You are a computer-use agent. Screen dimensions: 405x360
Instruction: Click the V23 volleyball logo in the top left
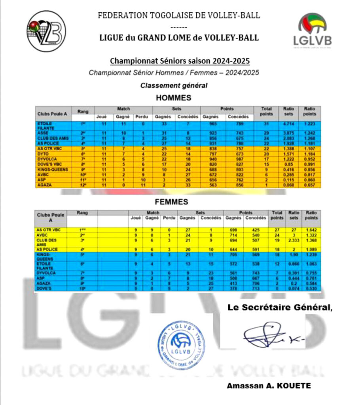point(47,31)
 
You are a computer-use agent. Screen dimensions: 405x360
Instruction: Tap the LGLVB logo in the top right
point(312,30)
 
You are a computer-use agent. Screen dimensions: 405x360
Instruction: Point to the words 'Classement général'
point(174,85)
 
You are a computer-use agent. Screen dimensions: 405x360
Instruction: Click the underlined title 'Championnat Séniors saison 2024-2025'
point(180,61)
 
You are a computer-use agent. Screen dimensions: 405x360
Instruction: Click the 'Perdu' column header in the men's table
point(142,116)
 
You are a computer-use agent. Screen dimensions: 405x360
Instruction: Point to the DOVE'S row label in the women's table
point(44,289)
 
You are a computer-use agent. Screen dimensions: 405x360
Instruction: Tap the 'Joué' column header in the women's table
point(136,218)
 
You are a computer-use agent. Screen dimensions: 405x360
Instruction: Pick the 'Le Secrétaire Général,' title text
point(280,308)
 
